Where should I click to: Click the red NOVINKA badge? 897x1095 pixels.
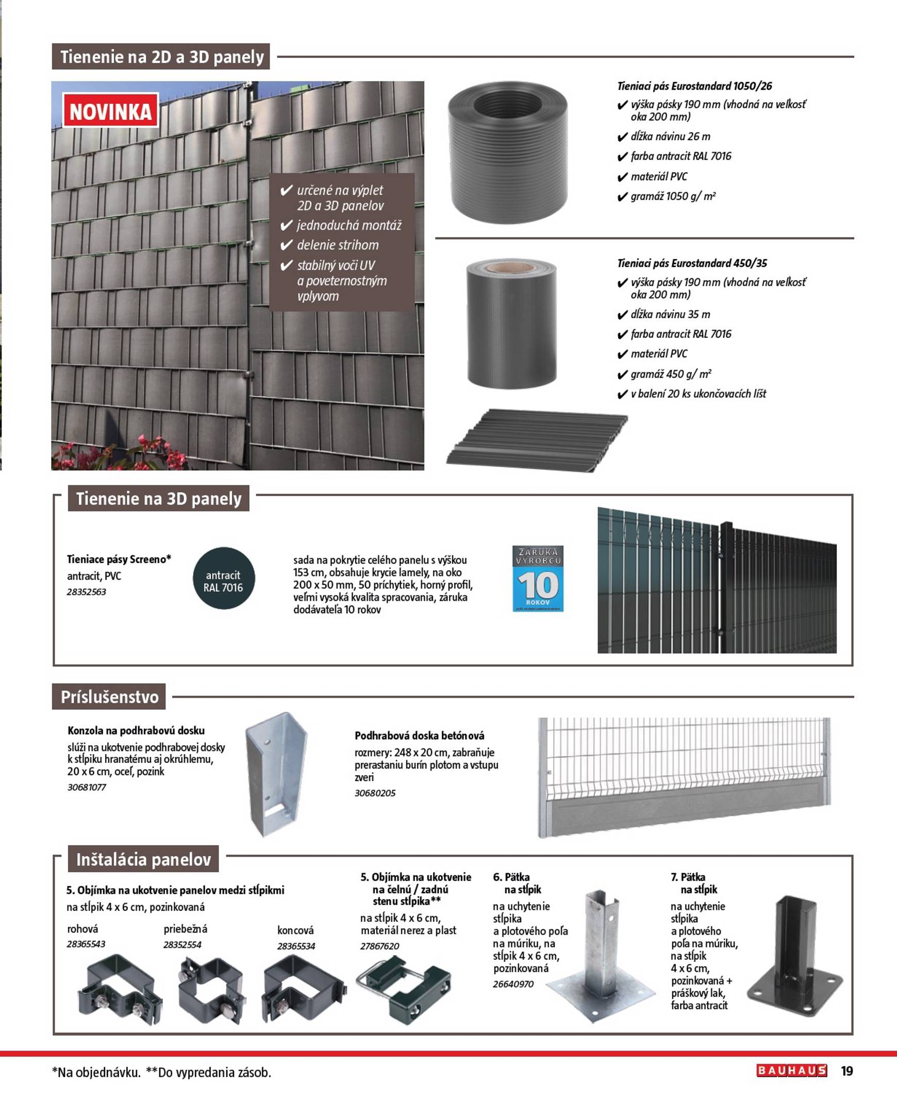coord(110,111)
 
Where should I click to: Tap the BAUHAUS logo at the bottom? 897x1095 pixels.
coord(791,1070)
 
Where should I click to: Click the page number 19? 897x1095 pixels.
coord(847,1071)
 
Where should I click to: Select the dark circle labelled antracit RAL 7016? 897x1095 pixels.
coord(223,578)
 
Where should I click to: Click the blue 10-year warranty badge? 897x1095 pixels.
coord(538,578)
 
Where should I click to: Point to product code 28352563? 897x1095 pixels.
coord(86,592)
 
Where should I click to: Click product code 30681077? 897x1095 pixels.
coord(87,788)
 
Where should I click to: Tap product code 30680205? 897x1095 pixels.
coord(375,793)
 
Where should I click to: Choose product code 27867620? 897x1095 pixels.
coord(380,946)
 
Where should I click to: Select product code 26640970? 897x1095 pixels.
coord(513,984)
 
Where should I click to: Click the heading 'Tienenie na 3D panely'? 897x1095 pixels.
coord(158,498)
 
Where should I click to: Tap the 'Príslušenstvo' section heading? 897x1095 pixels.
coord(109,697)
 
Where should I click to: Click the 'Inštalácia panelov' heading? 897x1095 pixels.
coord(143,860)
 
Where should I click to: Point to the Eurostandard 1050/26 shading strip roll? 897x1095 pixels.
coord(507,152)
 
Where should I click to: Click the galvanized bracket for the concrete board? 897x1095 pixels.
coord(276,773)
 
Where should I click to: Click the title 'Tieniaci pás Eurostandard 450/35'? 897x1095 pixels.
coord(692,263)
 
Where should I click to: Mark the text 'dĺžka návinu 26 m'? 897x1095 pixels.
coord(670,137)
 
